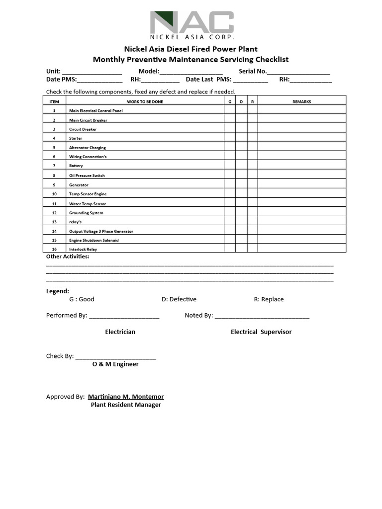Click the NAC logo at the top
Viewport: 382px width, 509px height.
click(191, 25)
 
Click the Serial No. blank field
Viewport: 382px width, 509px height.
click(298, 72)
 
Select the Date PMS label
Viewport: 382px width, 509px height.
click(61, 80)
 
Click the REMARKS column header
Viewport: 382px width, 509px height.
click(301, 101)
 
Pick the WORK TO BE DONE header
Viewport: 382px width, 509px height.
click(145, 101)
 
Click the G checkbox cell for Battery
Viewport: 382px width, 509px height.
click(230, 166)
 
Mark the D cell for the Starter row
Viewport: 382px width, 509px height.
click(241, 138)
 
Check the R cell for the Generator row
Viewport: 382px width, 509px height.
click(252, 184)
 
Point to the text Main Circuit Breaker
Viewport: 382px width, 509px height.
click(88, 120)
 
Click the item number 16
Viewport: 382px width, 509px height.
click(54, 249)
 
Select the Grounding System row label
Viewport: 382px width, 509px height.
click(86, 213)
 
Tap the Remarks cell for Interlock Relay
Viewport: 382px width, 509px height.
click(301, 249)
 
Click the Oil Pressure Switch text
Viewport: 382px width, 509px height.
click(87, 175)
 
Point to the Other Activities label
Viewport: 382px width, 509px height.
click(68, 256)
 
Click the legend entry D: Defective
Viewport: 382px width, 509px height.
click(179, 299)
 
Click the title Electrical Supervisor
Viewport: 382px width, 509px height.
click(261, 332)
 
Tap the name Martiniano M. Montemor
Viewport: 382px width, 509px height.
click(126, 397)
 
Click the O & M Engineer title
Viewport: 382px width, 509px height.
click(115, 364)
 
